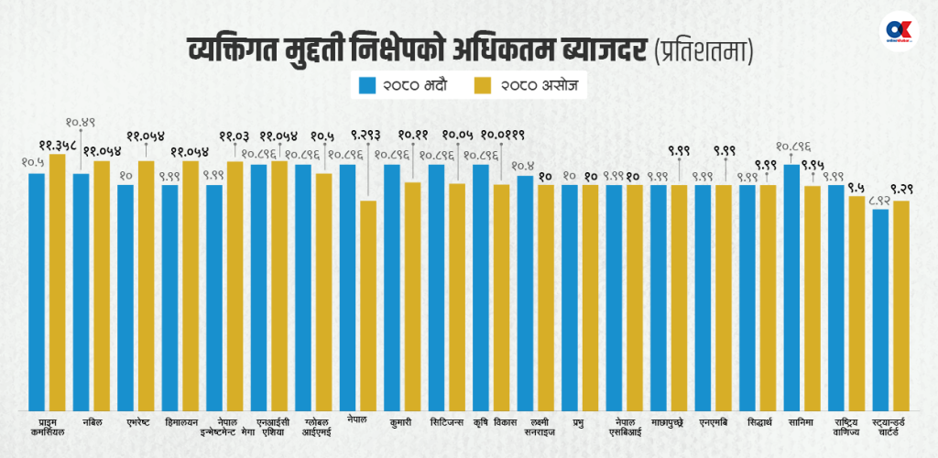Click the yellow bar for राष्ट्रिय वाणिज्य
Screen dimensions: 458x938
(x=856, y=302)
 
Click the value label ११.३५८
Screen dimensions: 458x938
(x=57, y=146)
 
